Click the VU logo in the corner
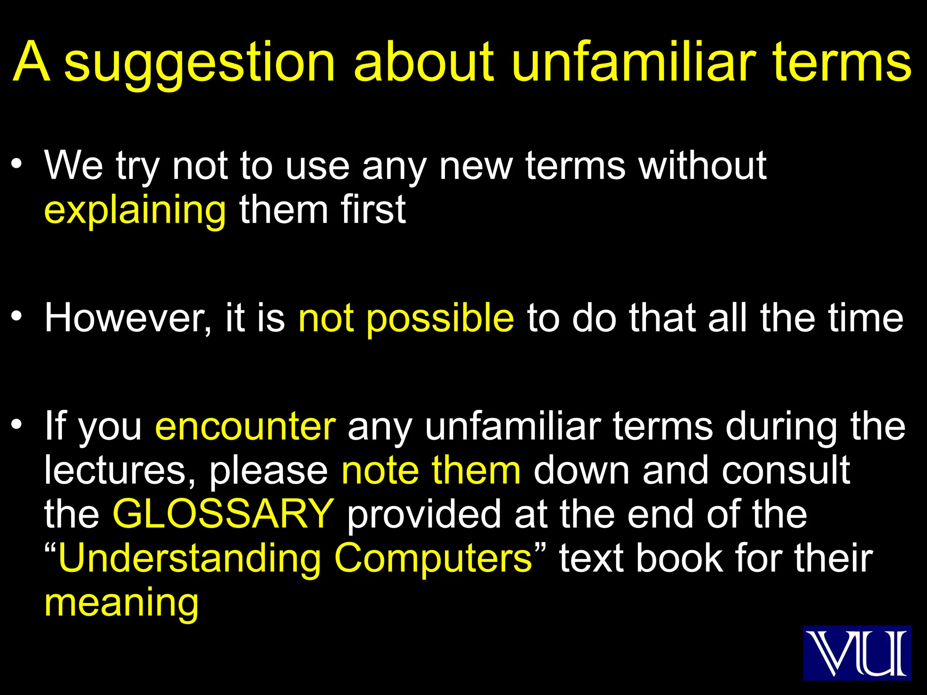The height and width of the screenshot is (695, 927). [x=857, y=652]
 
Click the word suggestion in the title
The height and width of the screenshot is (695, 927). [x=199, y=63]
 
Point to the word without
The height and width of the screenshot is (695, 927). [x=702, y=166]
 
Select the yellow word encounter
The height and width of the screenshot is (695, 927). [x=245, y=427]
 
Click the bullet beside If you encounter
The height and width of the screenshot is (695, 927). [x=17, y=425]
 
